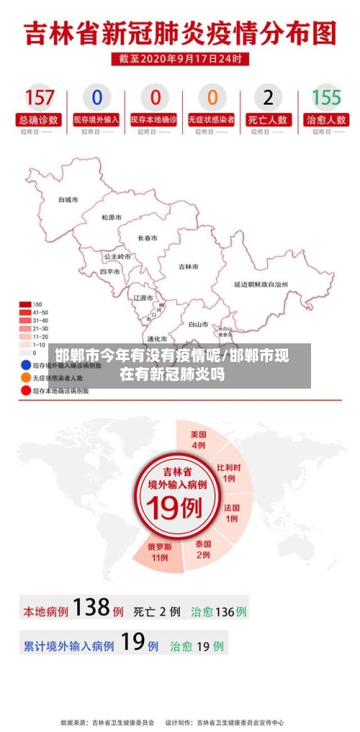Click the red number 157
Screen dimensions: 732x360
click(x=40, y=97)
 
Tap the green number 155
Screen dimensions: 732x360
click(x=326, y=97)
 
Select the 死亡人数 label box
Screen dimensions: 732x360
click(x=269, y=120)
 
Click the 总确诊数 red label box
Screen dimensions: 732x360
click(x=40, y=120)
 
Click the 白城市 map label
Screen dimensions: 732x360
click(x=68, y=199)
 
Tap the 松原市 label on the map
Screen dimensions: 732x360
click(x=112, y=217)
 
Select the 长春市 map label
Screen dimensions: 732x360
click(x=148, y=238)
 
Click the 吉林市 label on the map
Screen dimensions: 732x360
click(x=189, y=266)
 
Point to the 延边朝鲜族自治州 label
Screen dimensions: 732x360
click(x=261, y=284)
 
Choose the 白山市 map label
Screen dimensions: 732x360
click(x=198, y=324)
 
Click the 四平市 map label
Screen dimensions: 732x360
click(x=109, y=272)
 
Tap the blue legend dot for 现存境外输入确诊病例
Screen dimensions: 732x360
click(x=25, y=365)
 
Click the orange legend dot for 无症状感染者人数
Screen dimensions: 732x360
click(x=25, y=377)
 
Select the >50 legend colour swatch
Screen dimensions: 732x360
click(x=25, y=304)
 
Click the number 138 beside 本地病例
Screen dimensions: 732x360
click(x=92, y=609)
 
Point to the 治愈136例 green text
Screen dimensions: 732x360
click(x=219, y=612)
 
